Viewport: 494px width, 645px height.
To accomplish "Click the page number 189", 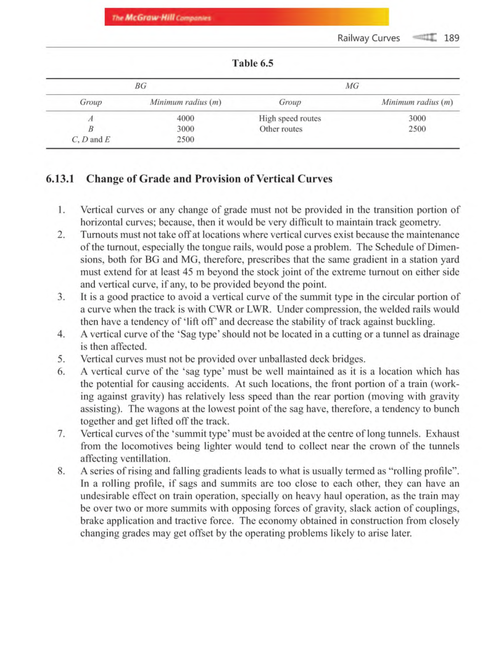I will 451,38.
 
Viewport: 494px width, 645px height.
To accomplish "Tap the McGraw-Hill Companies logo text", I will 161,18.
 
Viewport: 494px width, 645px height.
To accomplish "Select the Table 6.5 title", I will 252,63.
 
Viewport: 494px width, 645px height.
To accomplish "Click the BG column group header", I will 140,86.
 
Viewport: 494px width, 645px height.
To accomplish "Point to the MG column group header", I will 352,86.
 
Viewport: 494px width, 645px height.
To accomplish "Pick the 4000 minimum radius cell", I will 185,118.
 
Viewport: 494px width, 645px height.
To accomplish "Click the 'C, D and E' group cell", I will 91,139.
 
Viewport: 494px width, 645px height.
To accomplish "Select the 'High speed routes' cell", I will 290,118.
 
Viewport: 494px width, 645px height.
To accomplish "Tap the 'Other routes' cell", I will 281,129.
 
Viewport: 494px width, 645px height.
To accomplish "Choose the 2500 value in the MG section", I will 417,129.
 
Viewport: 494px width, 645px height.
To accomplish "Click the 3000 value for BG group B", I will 185,129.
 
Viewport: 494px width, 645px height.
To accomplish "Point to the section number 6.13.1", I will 60,179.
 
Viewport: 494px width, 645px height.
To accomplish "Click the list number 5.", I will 61,359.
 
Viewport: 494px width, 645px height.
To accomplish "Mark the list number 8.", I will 61,471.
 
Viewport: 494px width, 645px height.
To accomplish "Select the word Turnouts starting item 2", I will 98,235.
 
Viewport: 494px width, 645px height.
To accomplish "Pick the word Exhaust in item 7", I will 442,434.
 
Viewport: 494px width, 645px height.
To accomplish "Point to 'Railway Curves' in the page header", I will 368,38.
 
